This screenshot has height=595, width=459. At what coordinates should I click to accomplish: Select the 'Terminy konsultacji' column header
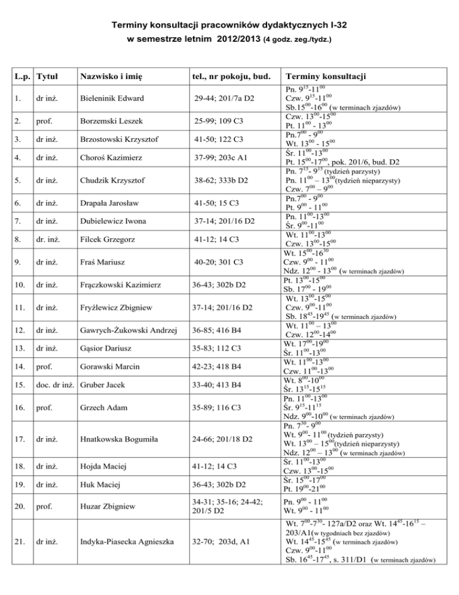(x=329, y=78)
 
